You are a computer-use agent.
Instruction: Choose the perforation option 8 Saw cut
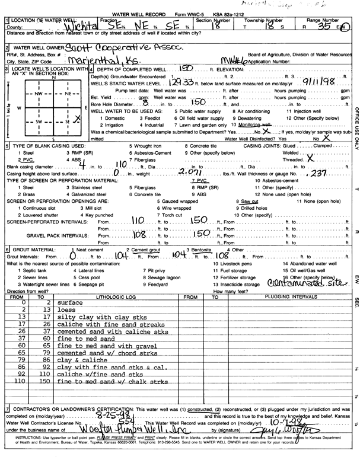(247, 202)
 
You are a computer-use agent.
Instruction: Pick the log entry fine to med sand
(82, 337)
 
